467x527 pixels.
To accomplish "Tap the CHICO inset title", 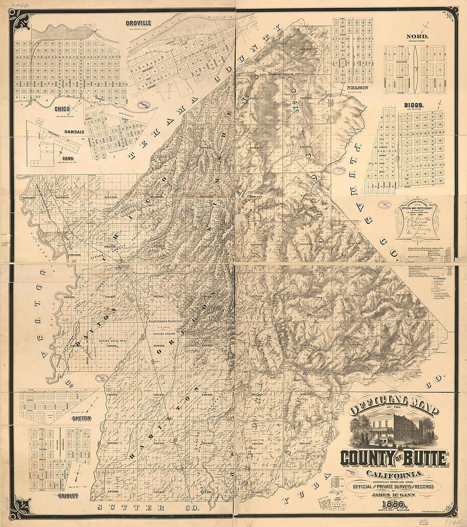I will (62, 109).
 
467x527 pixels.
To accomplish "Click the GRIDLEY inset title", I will (67, 496).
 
